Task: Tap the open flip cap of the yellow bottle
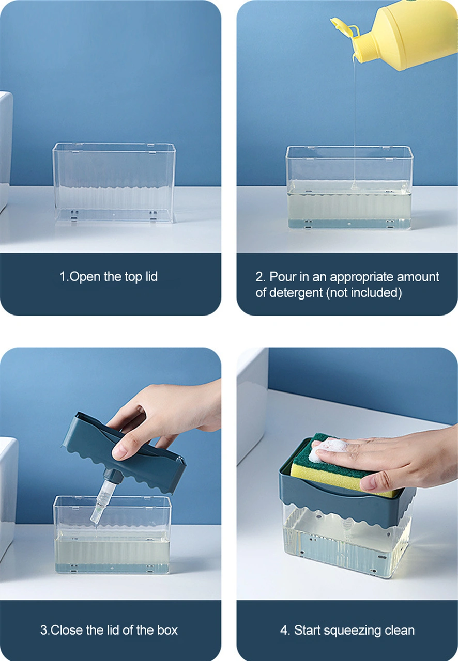pos(343,28)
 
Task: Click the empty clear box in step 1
pos(114,183)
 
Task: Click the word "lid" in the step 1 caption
pos(151,276)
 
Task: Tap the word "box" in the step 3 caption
pos(167,630)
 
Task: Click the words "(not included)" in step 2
pos(364,293)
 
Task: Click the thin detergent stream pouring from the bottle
pos(354,121)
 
